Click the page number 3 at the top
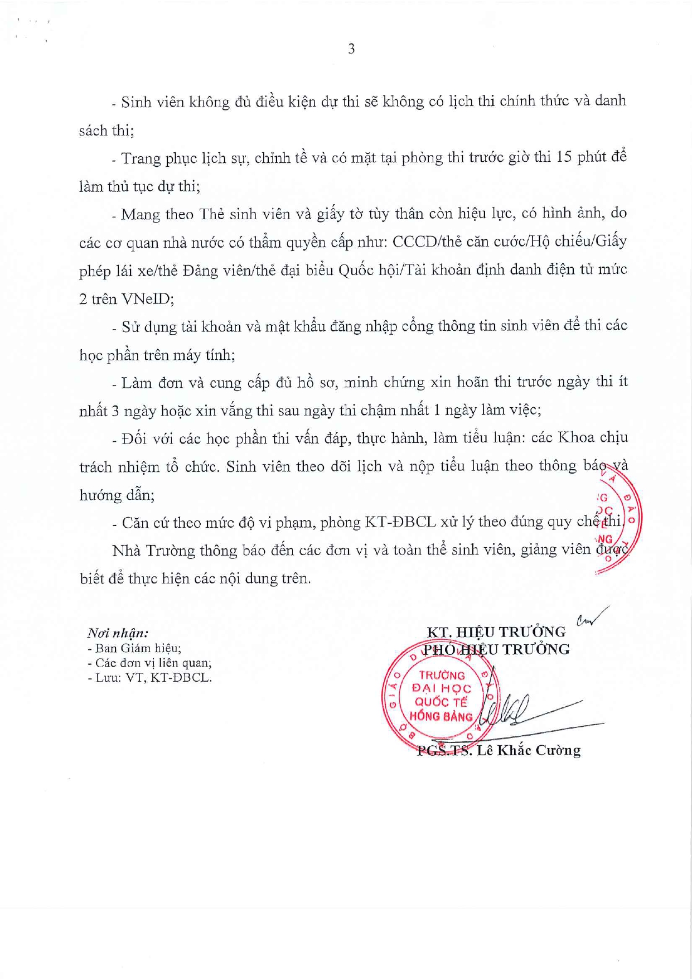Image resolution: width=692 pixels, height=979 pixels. click(x=351, y=49)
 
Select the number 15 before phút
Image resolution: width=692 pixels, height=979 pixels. click(x=564, y=157)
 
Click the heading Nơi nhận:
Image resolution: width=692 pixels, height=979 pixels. click(x=118, y=633)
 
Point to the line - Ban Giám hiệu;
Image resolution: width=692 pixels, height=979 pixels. click(x=134, y=648)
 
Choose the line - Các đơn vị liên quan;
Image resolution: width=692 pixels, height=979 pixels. click(x=149, y=663)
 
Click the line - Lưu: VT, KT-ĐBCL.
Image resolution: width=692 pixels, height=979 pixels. click(x=149, y=678)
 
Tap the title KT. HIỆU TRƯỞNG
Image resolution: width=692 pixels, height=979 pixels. click(x=496, y=632)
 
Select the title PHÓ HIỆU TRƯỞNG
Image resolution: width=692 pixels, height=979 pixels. click(x=496, y=649)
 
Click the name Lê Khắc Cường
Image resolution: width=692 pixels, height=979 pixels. click(x=528, y=751)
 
